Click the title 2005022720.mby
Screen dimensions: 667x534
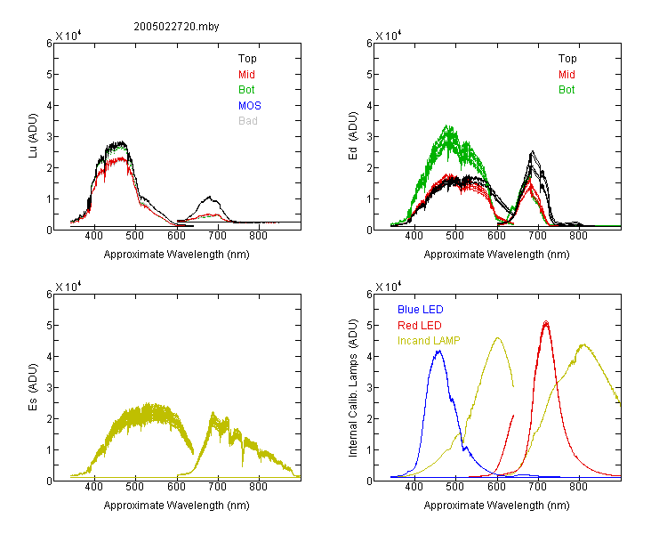pos(176,27)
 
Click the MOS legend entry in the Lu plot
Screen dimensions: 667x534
pos(250,106)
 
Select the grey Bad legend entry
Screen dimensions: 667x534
pos(248,121)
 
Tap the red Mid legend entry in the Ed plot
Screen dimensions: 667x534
pos(567,75)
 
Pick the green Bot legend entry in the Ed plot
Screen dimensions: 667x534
pos(567,90)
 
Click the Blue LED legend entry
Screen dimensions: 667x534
pos(421,310)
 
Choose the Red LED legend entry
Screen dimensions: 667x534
pos(420,326)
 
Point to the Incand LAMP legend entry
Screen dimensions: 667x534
pos(429,341)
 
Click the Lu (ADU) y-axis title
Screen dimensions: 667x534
pos(33,136)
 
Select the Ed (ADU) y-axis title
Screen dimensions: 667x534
pos(353,136)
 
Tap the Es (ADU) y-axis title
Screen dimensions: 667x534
pos(33,387)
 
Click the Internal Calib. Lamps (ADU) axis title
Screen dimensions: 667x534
pos(353,388)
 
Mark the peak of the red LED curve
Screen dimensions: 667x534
pos(546,321)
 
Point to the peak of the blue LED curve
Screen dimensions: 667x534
pos(439,351)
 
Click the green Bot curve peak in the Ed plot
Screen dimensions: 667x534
pos(447,125)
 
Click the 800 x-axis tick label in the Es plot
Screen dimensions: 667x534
pos(258,487)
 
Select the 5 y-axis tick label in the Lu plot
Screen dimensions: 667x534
pos(49,75)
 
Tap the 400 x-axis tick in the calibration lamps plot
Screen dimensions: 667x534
pos(414,487)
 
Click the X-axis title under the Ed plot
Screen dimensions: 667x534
pos(496,255)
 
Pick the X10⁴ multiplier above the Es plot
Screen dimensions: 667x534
pos(68,287)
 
